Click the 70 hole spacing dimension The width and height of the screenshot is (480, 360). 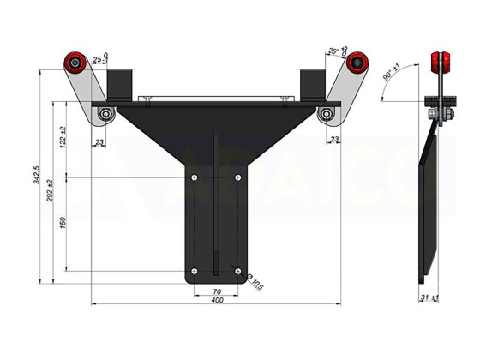point(216,292)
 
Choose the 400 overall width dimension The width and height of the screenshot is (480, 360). point(216,301)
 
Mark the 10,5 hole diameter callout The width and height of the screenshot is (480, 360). point(255,282)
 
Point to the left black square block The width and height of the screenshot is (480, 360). point(118,83)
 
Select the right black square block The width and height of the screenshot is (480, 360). point(312,83)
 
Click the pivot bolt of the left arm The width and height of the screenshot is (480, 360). point(105,114)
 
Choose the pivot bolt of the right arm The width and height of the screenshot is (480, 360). point(326,114)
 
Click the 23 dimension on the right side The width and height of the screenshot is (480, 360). point(333,139)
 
